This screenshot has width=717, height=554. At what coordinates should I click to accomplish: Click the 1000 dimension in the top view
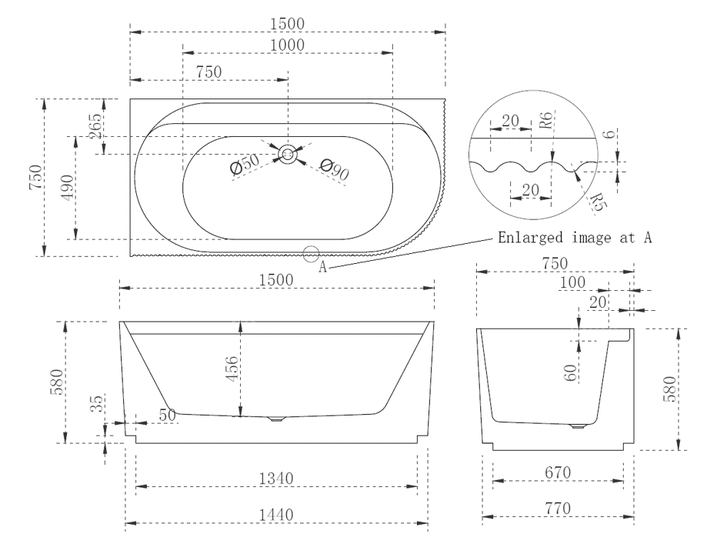pos(288,45)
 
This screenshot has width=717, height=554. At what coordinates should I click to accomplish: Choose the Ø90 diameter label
pos(334,170)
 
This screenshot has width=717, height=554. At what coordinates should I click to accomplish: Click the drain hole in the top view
pos(288,155)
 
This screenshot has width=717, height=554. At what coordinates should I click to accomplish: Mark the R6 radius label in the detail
pos(545,122)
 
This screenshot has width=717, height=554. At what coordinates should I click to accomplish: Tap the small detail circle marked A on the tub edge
pos(312,252)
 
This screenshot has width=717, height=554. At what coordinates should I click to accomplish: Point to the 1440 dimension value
pos(276,514)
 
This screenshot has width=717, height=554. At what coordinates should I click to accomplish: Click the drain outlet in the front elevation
pos(276,419)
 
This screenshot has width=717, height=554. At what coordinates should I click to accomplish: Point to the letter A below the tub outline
pos(323,267)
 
